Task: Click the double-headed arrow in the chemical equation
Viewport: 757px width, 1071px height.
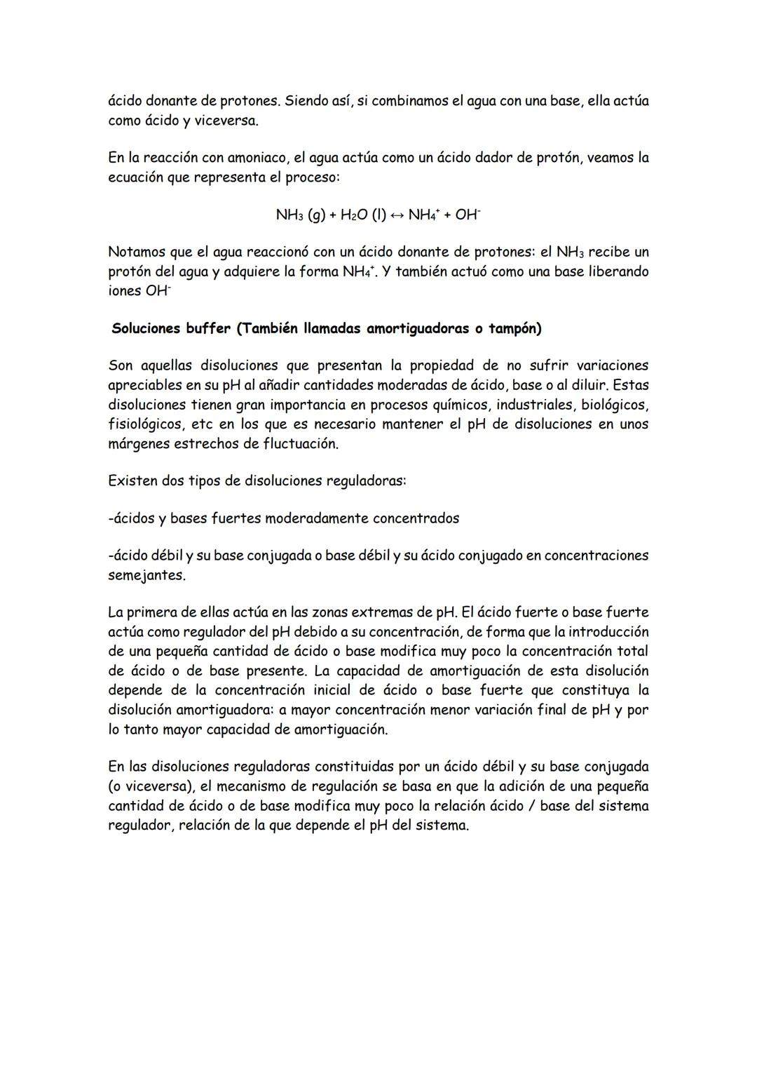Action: tap(397, 215)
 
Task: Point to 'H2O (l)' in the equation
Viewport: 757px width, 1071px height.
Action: tap(363, 215)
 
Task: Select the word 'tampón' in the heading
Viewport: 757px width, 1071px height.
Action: tap(515, 329)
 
